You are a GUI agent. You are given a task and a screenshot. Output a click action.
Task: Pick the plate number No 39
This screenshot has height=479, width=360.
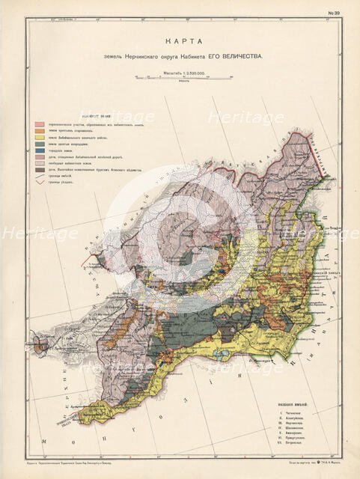(332, 13)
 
